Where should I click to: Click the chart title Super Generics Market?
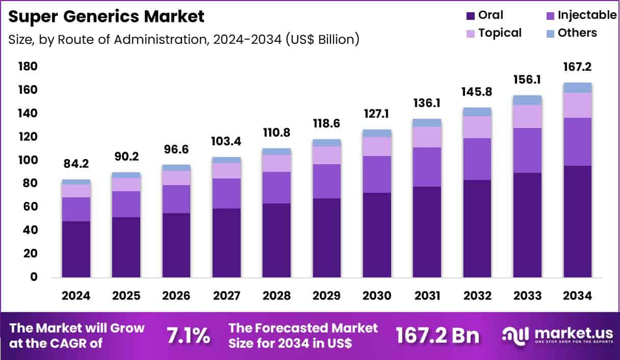coord(107,16)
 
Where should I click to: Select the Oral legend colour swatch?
coord(470,16)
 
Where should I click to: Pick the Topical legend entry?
coord(500,33)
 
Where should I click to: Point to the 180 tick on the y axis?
coord(28,66)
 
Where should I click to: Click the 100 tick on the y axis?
coord(28,160)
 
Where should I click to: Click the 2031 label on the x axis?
coord(427,296)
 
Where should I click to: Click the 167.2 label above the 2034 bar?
coord(577,67)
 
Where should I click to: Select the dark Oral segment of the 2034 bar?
coord(577,221)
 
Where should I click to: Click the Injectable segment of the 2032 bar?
coord(477,159)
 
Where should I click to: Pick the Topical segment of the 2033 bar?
coord(527,116)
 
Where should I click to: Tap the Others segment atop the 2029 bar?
coord(326,143)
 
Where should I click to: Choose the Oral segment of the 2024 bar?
coord(75,249)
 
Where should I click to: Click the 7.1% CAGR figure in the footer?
coord(188,336)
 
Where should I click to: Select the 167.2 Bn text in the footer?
coord(437,336)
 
